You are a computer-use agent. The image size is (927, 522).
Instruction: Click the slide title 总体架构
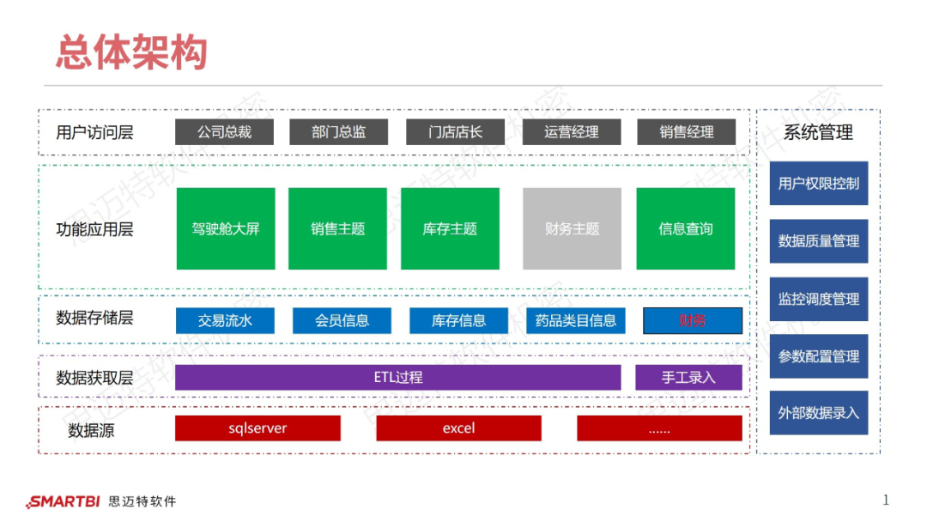(x=131, y=52)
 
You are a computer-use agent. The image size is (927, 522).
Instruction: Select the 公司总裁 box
(x=225, y=132)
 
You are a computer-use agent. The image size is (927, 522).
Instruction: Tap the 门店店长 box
(x=456, y=132)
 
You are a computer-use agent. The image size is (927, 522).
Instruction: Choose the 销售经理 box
(x=687, y=132)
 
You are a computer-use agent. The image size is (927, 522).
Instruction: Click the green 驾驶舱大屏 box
(x=226, y=229)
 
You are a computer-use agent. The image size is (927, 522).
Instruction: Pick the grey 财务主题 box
(x=572, y=229)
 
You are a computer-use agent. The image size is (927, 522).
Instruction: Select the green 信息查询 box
(x=685, y=229)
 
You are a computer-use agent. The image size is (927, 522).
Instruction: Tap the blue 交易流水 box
(x=225, y=321)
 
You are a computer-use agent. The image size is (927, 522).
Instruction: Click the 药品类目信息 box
(x=575, y=321)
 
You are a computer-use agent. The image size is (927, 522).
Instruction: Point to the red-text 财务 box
(x=692, y=321)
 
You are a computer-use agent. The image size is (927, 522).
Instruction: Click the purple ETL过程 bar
(x=397, y=377)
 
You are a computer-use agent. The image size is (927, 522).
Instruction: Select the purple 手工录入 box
(x=688, y=377)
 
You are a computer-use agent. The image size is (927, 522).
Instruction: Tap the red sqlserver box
(x=257, y=428)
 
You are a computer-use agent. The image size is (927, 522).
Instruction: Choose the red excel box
(x=458, y=428)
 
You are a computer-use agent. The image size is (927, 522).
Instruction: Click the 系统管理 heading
(x=818, y=133)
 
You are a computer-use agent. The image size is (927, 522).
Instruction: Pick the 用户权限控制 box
(x=818, y=184)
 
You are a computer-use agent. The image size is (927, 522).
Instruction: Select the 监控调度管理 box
(x=818, y=300)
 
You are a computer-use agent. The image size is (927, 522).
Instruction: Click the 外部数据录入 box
(x=818, y=413)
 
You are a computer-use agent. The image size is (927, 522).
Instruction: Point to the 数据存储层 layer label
(x=94, y=319)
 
